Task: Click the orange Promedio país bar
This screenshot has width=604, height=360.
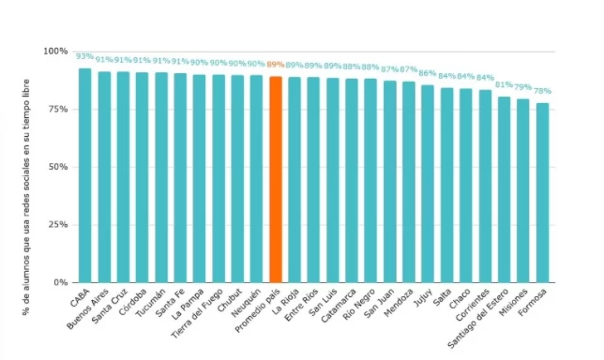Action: pyautogui.click(x=275, y=179)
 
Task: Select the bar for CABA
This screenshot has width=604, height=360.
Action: pyautogui.click(x=85, y=175)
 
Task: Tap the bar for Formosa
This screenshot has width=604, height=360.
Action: pyautogui.click(x=543, y=192)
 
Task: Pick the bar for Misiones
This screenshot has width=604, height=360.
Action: pyautogui.click(x=524, y=191)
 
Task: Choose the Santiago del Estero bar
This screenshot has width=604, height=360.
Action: pyautogui.click(x=504, y=189)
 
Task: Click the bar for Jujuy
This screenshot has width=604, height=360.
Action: pyautogui.click(x=428, y=183)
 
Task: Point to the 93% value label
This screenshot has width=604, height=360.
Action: pyautogui.click(x=85, y=56)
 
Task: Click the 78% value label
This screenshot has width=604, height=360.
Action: pyautogui.click(x=543, y=91)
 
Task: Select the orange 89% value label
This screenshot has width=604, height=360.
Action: pyautogui.click(x=275, y=65)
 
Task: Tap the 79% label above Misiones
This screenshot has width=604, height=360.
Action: pyautogui.click(x=524, y=88)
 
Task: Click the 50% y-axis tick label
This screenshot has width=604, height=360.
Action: pyautogui.click(x=57, y=167)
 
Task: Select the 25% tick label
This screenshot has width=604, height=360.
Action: pyautogui.click(x=57, y=225)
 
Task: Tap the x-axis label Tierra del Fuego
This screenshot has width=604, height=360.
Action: pyautogui.click(x=202, y=310)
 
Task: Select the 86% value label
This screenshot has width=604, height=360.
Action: pyautogui.click(x=428, y=73)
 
